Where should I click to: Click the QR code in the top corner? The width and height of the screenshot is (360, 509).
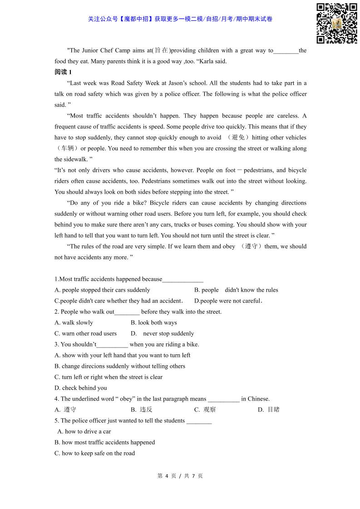point(336,24)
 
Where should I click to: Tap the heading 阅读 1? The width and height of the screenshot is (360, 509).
point(63,72)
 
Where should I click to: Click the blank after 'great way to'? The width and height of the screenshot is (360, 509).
point(286,51)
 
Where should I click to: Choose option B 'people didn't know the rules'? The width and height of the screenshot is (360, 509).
point(236,290)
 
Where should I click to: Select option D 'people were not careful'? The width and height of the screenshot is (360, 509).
point(228,301)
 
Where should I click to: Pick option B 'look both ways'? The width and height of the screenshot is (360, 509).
point(154,323)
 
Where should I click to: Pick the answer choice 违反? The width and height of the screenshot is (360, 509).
point(146,410)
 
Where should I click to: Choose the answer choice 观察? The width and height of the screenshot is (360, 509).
point(209,410)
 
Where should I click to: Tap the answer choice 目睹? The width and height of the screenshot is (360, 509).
point(273,410)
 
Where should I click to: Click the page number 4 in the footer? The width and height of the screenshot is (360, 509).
point(167,476)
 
